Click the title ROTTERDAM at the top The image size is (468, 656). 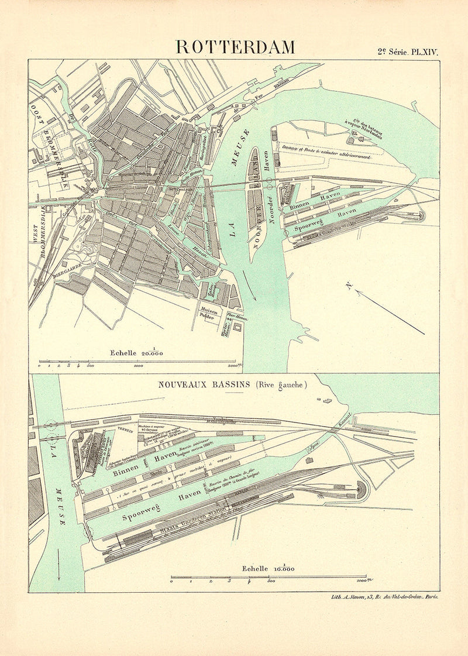click(235, 46)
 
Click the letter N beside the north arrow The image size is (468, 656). click(349, 286)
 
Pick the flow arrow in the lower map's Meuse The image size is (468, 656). click(58, 566)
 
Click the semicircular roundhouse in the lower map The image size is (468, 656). click(362, 490)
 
